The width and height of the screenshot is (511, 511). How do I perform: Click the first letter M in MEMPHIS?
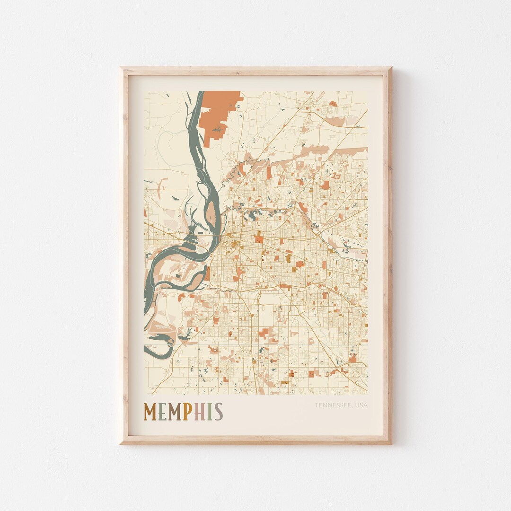point(150,412)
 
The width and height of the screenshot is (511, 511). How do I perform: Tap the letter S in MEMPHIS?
point(218,412)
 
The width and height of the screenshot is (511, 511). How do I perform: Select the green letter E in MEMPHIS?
point(162,412)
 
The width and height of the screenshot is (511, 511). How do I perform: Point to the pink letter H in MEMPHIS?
point(200,412)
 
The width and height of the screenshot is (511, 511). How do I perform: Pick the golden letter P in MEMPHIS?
point(188,412)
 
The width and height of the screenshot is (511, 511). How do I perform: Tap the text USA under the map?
point(361,405)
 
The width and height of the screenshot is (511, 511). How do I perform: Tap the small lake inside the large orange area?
point(217,129)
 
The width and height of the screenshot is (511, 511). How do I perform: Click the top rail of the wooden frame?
point(255,71)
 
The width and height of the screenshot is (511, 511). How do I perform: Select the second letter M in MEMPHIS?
point(175,412)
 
